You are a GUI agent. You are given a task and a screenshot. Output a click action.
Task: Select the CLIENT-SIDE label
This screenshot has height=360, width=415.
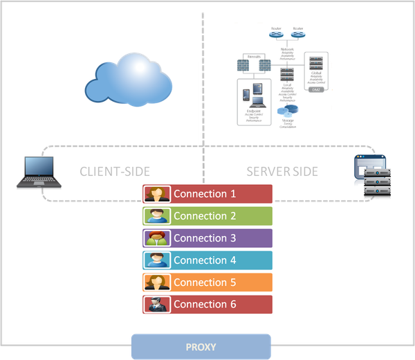pos(115,172)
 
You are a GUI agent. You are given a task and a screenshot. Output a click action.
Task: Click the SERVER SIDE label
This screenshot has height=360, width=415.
pos(282,172)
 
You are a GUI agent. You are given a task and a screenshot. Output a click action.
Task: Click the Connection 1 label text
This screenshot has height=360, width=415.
pos(205,194)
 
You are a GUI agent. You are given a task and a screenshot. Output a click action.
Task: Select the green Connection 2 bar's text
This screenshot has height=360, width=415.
pos(205,216)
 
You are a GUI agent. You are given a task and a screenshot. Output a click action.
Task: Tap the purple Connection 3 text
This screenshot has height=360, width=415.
pos(205,238)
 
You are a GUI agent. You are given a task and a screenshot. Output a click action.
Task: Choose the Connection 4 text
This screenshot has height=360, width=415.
pos(205,260)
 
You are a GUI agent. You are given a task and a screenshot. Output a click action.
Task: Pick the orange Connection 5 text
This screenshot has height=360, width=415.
pos(205,282)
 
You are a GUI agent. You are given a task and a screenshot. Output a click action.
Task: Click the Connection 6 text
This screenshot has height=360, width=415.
pos(205,305)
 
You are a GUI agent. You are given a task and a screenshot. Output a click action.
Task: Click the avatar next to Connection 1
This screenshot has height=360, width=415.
pos(157,194)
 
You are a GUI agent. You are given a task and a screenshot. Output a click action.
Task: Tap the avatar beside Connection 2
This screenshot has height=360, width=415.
pos(157,216)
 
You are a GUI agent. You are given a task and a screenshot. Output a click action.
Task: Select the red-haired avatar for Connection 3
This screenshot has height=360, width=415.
pos(157,238)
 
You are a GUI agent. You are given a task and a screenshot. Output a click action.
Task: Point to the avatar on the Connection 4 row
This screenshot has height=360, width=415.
pos(157,260)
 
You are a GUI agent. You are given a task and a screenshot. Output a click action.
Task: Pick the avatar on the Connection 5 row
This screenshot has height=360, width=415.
pos(157,282)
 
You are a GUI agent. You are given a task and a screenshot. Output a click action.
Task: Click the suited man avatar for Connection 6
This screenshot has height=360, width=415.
pos(157,305)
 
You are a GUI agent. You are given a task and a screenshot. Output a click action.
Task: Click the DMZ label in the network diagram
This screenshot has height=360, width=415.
pos(316,89)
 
